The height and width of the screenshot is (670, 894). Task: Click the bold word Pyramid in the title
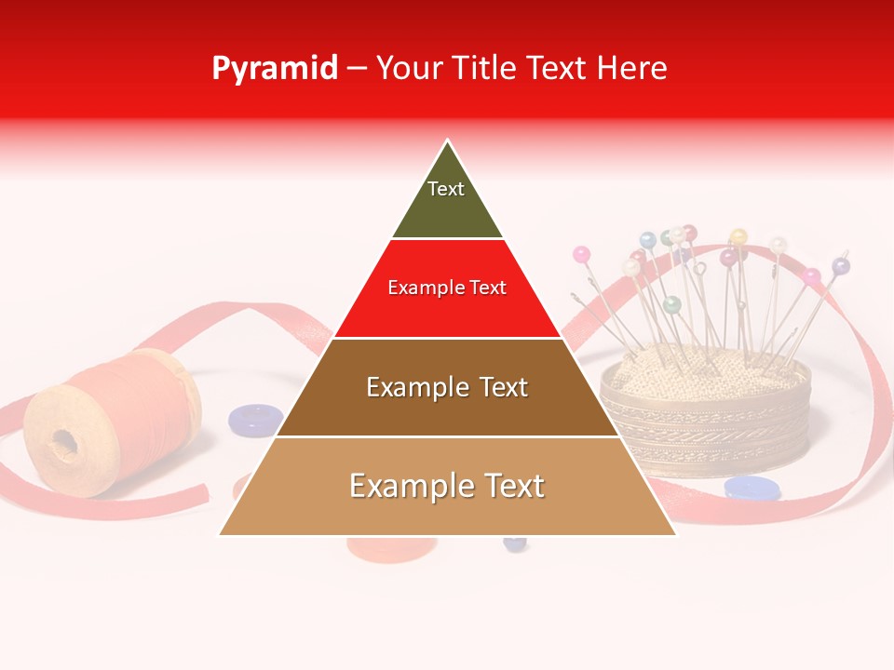274,69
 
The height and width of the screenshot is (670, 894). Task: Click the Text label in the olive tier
446,189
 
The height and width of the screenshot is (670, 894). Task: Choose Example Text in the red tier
447,288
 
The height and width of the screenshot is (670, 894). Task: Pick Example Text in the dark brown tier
447,387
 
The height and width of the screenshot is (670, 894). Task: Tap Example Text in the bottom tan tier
447,486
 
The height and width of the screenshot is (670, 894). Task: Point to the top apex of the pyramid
448,141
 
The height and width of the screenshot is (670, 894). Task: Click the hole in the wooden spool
63,441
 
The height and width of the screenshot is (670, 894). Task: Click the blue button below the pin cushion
752,488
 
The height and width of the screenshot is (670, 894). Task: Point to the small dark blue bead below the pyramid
515,543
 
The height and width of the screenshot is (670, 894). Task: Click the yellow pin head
738,236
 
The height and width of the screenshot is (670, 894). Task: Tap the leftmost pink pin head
582,253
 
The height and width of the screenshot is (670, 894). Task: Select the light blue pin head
648,240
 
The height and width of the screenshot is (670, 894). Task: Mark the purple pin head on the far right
841,266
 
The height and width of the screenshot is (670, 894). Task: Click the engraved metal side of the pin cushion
708,428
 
